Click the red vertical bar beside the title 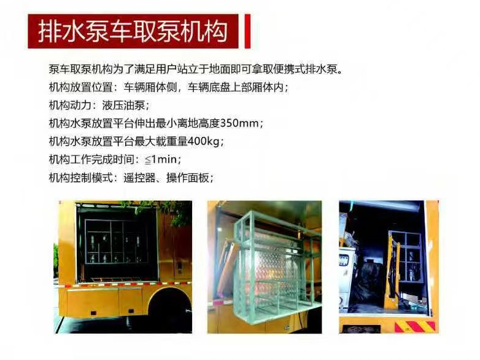tap(247, 31)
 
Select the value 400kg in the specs tap(204, 141)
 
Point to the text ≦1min tap(161, 160)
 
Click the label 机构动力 tap(70, 106)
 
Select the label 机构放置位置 tap(81, 87)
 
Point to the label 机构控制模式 tap(81, 178)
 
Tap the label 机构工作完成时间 tap(91, 160)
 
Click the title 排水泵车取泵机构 tap(133, 31)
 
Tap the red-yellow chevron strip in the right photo tap(415, 327)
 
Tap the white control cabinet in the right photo tap(347, 276)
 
